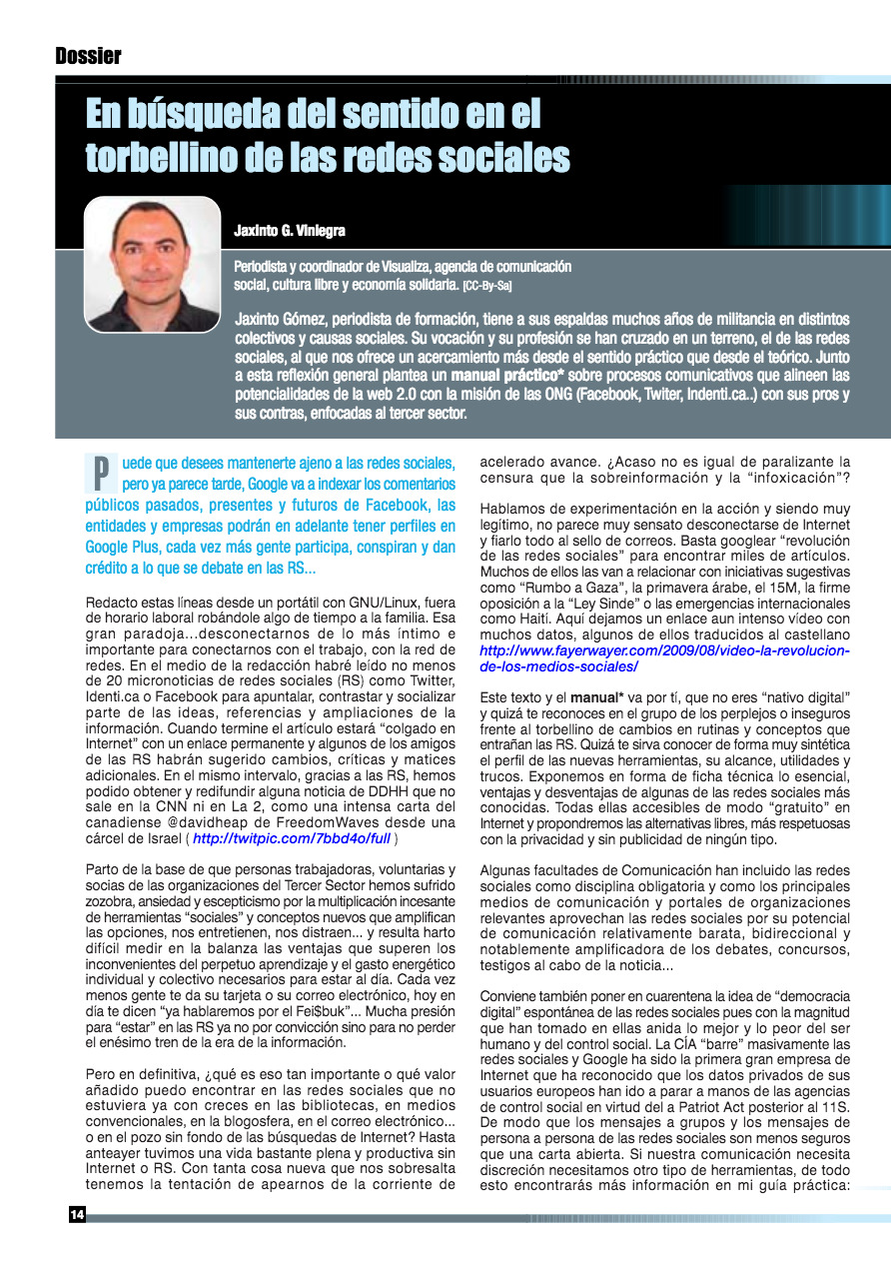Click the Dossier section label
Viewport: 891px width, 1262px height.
[x=88, y=56]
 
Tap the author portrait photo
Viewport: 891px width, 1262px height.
[x=152, y=264]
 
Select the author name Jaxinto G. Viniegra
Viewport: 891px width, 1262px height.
[x=290, y=231]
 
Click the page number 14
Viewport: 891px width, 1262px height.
[x=77, y=1214]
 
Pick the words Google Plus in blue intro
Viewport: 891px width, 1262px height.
[x=124, y=548]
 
